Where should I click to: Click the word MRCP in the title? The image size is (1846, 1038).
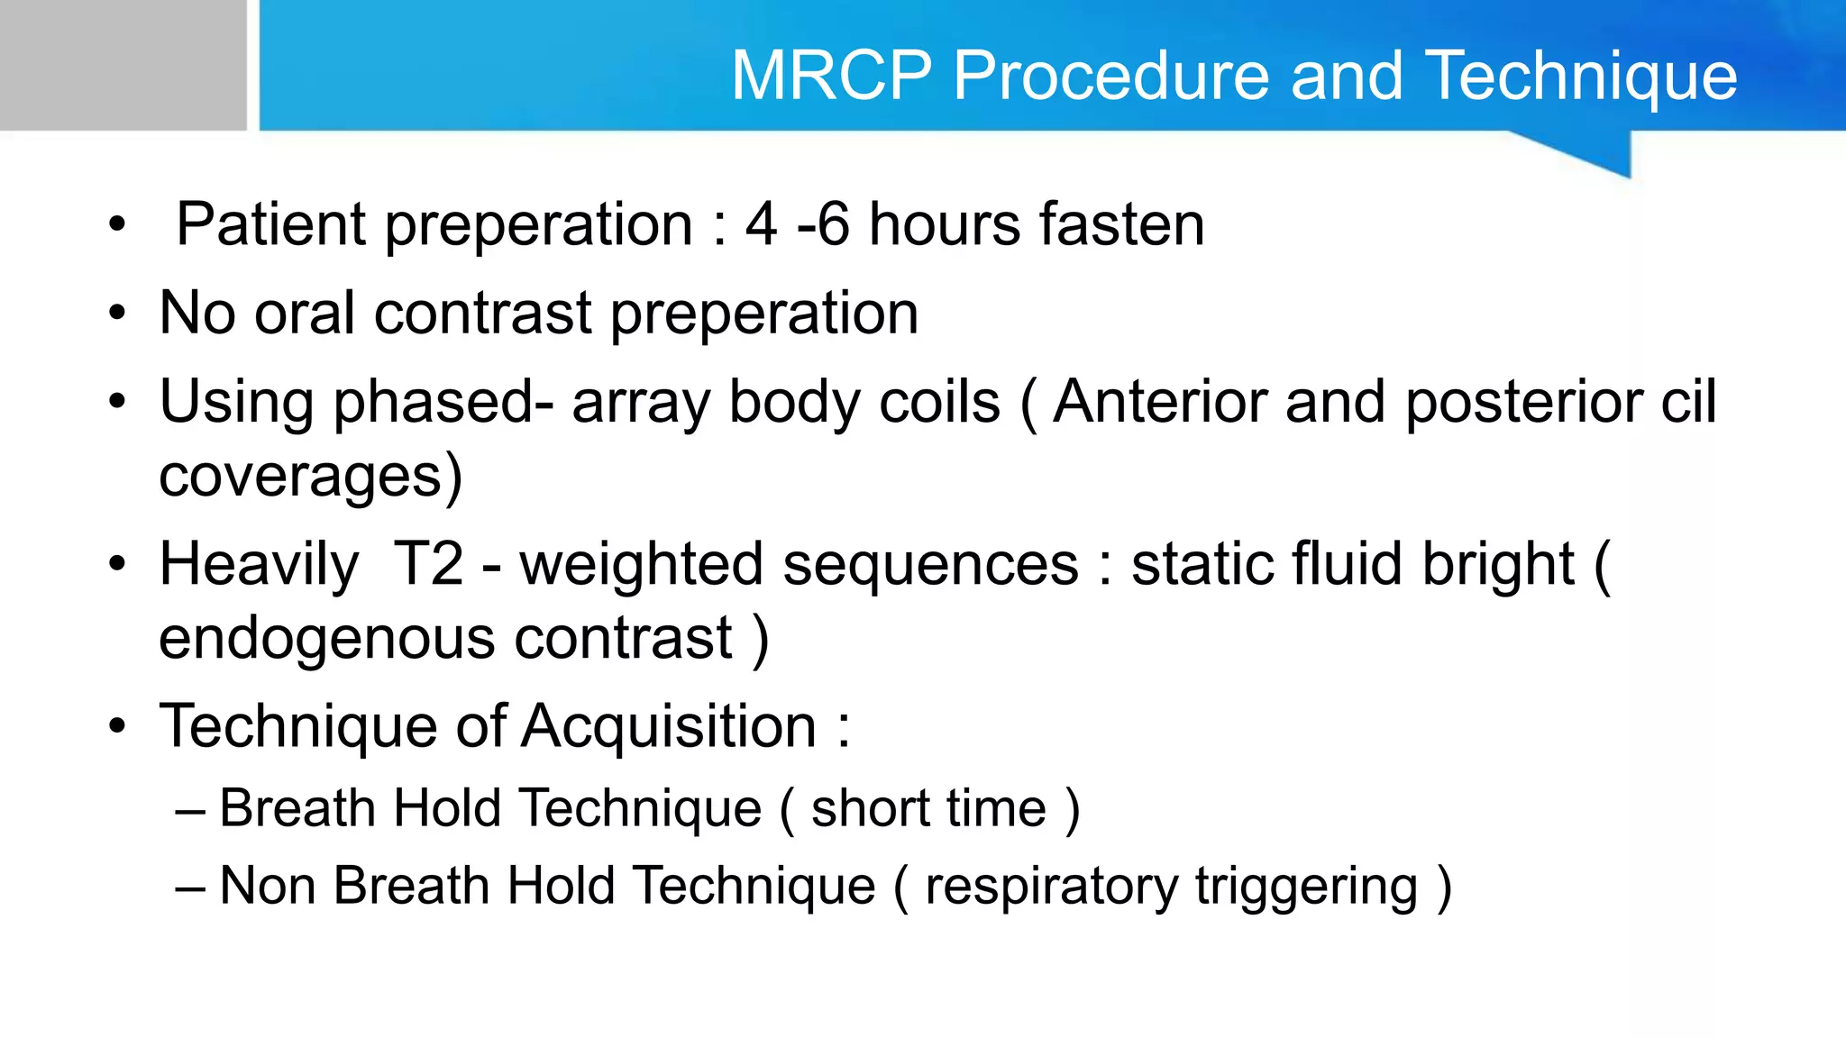[830, 76]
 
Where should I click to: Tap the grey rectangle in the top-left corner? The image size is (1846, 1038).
[123, 65]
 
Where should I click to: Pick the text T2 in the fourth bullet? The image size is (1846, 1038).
[428, 564]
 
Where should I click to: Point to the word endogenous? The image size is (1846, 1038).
[326, 638]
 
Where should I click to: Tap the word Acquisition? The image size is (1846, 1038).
[669, 726]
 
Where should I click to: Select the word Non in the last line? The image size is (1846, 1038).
[267, 885]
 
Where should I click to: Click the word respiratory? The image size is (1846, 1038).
[1051, 885]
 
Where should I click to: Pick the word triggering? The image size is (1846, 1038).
[1306, 887]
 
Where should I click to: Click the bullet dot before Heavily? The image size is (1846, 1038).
[117, 565]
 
